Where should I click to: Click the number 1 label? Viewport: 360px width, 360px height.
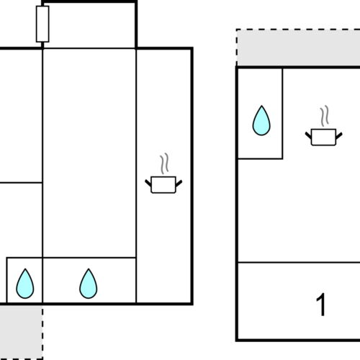[321, 305]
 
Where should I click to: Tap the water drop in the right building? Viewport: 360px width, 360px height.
[261, 121]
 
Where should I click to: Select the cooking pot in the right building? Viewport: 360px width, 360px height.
[323, 136]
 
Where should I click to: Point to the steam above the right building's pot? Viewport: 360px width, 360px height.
[325, 116]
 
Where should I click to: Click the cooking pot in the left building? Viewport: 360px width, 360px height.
[163, 184]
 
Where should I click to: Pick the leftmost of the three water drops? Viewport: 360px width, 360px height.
[25, 284]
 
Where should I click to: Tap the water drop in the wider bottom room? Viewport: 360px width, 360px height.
[89, 284]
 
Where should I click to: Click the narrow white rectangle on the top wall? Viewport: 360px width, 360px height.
[42, 24]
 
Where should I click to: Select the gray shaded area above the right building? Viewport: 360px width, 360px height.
[298, 50]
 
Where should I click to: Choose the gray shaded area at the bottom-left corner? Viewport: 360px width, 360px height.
[20, 330]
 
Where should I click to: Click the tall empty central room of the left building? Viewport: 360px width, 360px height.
[89, 151]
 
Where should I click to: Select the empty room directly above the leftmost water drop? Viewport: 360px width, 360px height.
[20, 219]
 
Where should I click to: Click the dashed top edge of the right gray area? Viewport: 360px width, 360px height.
[298, 30]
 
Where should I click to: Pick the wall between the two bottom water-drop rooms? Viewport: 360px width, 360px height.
[42, 280]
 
